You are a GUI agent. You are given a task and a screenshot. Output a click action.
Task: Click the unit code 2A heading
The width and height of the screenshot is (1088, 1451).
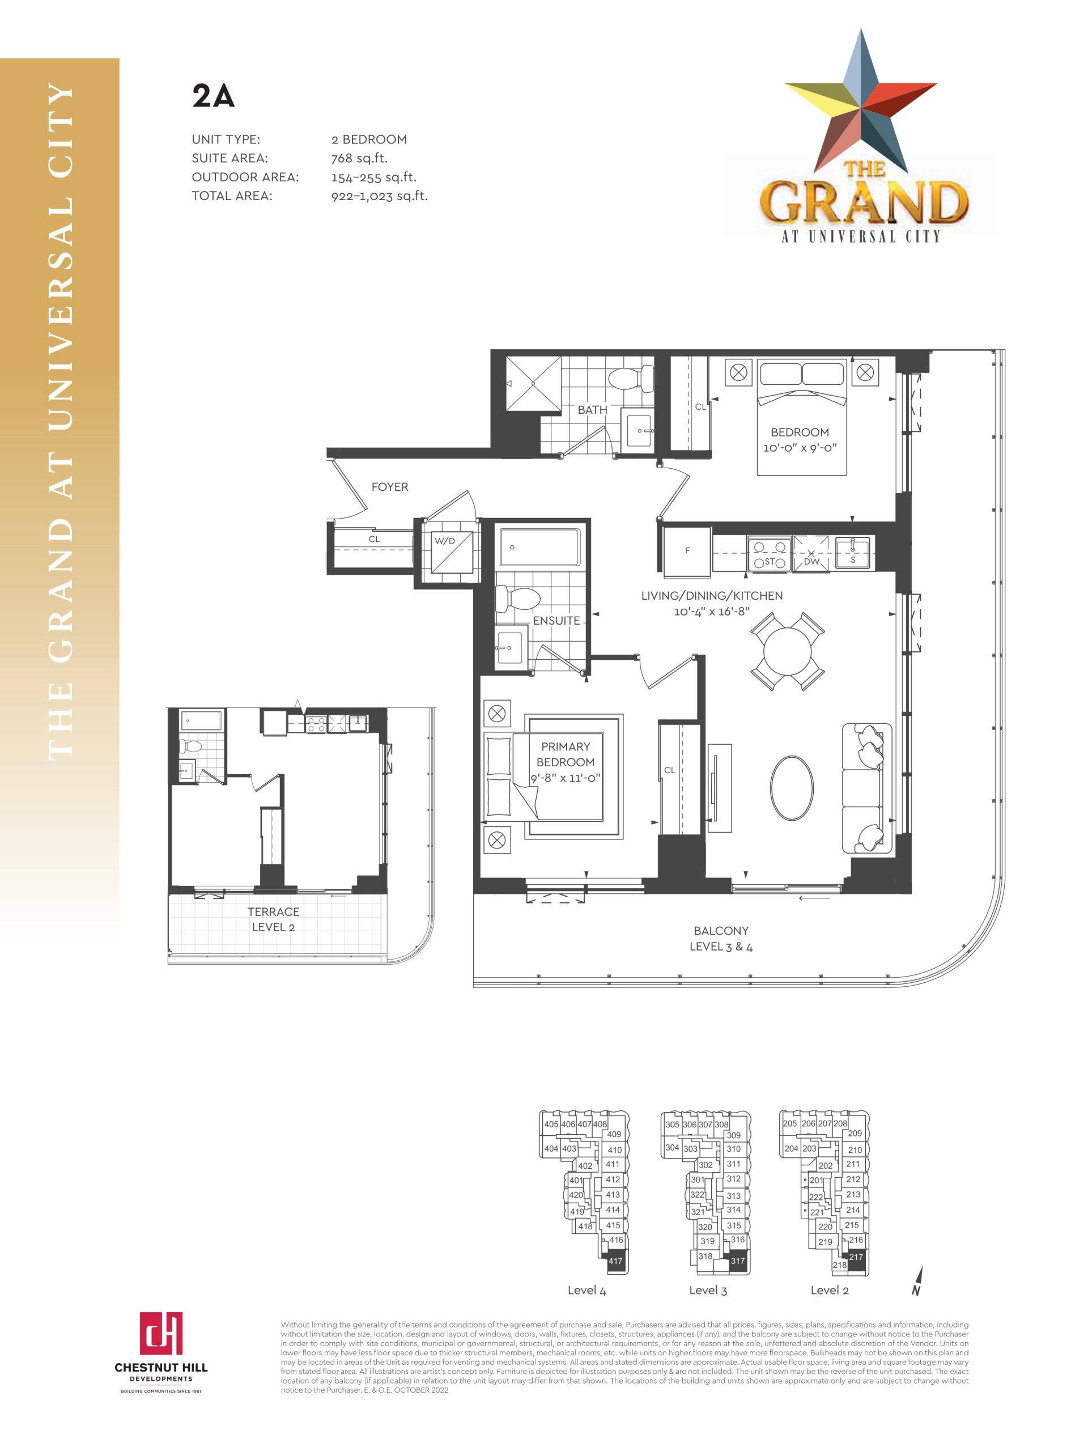[213, 96]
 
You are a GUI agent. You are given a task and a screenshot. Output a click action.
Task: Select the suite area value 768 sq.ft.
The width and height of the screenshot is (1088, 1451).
[359, 158]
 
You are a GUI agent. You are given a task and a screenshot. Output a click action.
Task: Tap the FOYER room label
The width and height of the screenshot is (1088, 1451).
[389, 487]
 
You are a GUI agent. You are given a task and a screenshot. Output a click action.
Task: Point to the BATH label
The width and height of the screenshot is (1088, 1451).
[592, 410]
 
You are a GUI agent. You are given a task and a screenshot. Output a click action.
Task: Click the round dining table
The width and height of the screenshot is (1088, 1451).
[787, 651]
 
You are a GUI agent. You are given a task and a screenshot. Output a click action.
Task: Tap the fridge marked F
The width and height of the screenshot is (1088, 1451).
[687, 551]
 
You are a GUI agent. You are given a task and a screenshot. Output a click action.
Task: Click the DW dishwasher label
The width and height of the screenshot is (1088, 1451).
[811, 562]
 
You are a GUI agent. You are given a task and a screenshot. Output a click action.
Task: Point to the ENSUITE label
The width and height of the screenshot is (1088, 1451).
[556, 621]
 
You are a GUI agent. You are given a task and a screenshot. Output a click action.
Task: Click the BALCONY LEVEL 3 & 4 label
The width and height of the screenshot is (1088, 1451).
[721, 939]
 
